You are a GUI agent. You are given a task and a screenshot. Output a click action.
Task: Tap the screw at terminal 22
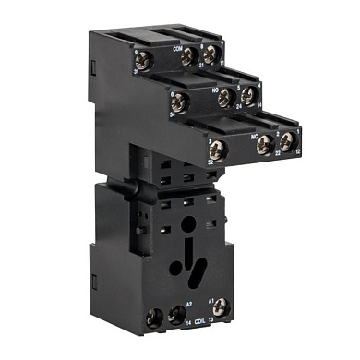(264, 142)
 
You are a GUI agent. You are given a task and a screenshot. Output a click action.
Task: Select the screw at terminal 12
(287, 139)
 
